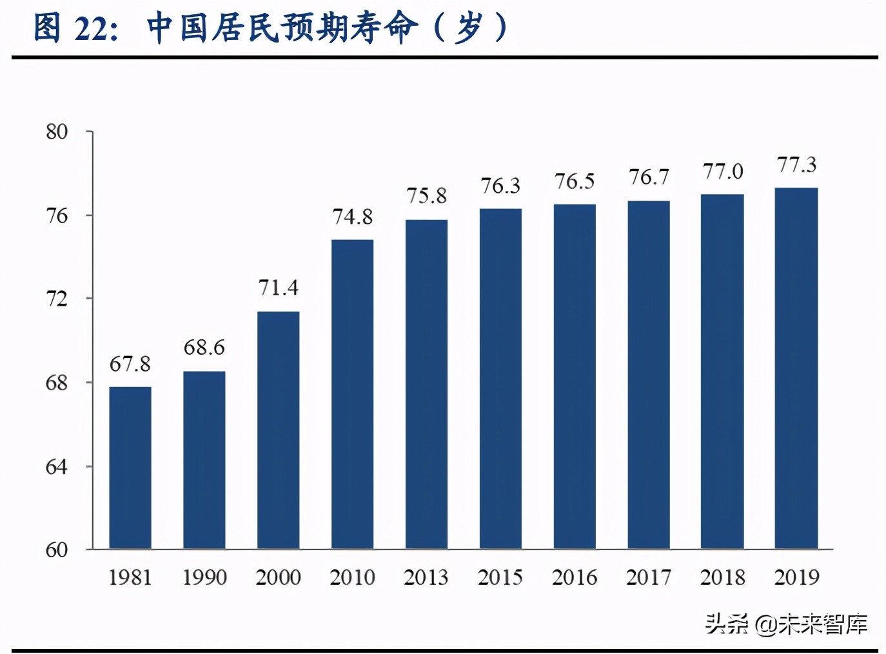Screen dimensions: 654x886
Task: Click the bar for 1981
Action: tap(130, 468)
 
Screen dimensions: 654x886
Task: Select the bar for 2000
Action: tap(278, 430)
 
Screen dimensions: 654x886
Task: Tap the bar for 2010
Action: tap(352, 394)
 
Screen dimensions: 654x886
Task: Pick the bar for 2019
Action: tap(796, 368)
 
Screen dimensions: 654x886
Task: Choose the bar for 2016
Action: tap(575, 377)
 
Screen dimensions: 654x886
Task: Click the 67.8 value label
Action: tap(130, 364)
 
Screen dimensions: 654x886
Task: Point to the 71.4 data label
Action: tap(278, 288)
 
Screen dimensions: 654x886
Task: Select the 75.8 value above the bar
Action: tap(426, 196)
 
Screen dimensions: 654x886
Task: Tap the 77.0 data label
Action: tap(723, 172)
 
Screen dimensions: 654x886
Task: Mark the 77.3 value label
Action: tap(796, 165)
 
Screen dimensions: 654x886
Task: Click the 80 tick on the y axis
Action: tap(57, 132)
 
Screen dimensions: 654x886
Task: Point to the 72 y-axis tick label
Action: tap(57, 299)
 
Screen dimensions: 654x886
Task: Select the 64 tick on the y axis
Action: tap(57, 467)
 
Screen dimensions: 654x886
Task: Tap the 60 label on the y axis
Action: tap(57, 550)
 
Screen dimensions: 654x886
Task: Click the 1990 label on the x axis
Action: tap(204, 577)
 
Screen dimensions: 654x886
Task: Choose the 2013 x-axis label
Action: tap(426, 577)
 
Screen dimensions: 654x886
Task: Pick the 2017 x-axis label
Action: tap(649, 577)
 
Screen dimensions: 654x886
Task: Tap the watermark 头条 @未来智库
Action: tap(786, 624)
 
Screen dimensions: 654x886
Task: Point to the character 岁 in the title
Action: tap(470, 28)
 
